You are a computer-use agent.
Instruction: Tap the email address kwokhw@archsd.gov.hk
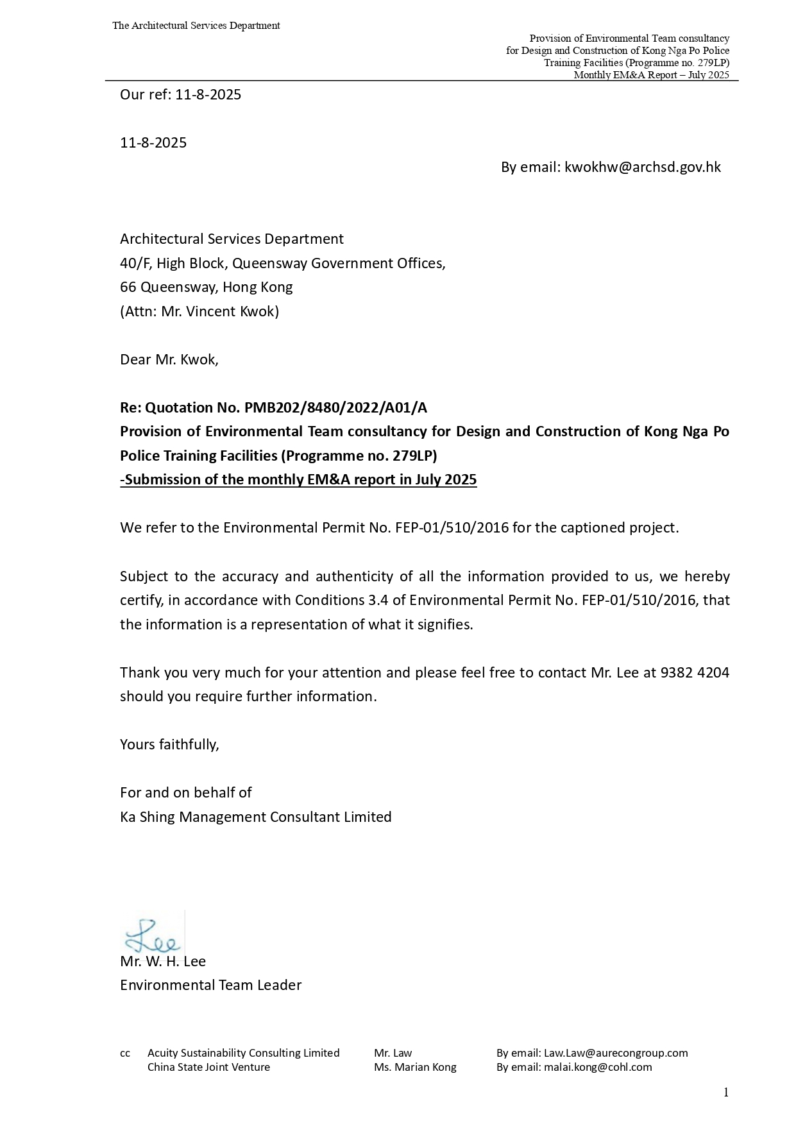pos(642,167)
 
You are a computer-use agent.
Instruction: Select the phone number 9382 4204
pos(694,672)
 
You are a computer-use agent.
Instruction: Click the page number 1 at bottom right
pos(725,1093)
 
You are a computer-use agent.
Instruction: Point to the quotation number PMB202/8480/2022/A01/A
pos(335,407)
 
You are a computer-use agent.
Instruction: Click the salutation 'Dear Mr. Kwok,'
pos(169,359)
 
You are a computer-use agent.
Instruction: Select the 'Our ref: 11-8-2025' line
pos(180,95)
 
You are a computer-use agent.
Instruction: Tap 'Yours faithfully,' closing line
pos(169,744)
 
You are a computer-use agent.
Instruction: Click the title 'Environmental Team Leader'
pos(210,985)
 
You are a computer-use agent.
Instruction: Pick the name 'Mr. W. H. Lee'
pos(163,961)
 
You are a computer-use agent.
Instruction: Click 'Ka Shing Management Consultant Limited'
pos(255,817)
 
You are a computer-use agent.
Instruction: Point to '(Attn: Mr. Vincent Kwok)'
pos(199,312)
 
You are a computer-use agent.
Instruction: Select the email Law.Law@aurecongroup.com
pos(615,1053)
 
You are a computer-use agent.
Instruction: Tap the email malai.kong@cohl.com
pos(597,1067)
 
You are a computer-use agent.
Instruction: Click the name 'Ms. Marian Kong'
pos(415,1067)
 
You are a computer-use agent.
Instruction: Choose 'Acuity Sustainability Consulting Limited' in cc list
pos(243,1053)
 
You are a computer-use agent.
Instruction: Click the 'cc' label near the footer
pos(125,1053)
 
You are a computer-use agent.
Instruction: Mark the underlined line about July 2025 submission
pos(298,480)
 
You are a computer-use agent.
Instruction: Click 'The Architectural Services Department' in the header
pos(196,26)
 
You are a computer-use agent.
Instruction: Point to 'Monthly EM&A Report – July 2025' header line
pos(651,75)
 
